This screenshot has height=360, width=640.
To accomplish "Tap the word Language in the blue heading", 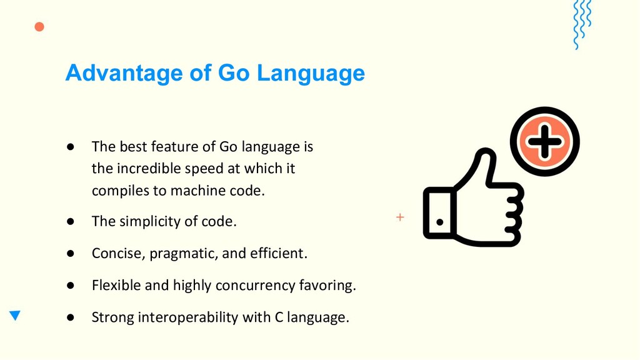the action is [311, 74].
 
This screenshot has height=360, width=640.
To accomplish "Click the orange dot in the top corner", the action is [39, 27].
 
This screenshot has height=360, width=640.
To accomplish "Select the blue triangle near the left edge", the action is [15, 315].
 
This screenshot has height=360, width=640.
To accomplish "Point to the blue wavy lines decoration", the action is [582, 24].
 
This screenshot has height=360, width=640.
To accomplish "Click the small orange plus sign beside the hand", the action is [400, 217].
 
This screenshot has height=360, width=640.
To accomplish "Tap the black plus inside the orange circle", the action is [544, 142].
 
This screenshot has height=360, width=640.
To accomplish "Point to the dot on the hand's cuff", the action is [439, 222].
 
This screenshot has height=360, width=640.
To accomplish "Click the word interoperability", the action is [188, 317].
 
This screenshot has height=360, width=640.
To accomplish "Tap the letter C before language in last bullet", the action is [279, 317].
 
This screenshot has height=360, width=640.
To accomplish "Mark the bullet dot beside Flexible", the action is [71, 285].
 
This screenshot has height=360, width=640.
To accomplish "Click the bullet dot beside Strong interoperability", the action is [71, 317].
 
